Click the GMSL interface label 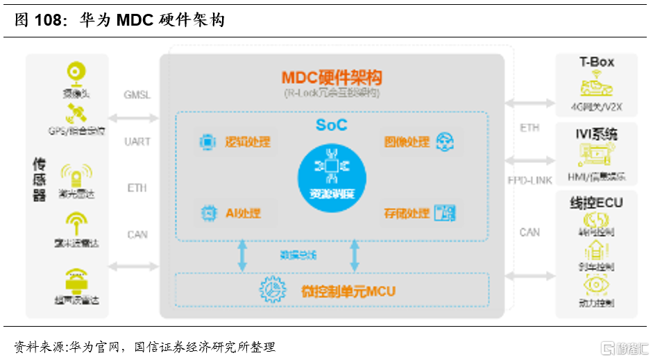coord(137,95)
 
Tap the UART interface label coord(137,142)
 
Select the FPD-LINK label coord(529,180)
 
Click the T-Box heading coord(597,62)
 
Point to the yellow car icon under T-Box coord(597,88)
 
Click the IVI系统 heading coord(597,134)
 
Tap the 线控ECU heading coord(597,203)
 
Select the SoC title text coord(331,125)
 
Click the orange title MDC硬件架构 coord(331,78)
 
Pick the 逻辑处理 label coord(247,142)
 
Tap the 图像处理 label coord(407,142)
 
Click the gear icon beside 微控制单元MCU coord(273,289)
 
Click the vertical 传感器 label coord(40,179)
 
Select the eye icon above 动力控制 coord(596,284)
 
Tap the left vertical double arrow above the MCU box coord(242,255)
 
